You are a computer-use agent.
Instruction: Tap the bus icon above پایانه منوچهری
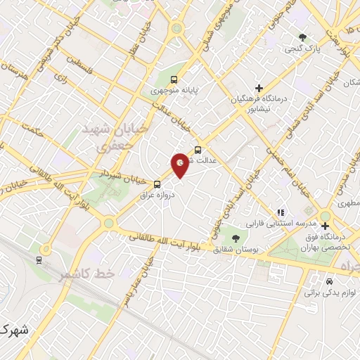point(174,79)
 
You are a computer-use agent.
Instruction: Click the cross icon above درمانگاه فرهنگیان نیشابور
point(259,89)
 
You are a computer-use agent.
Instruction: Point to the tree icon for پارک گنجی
point(302,37)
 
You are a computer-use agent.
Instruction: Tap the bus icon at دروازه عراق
point(156,185)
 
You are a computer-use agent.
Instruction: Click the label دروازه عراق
point(155,195)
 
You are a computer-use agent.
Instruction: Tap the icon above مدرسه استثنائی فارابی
point(281,212)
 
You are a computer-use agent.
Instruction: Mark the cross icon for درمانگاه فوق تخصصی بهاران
point(324,225)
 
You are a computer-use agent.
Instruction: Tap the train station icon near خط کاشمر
point(38,258)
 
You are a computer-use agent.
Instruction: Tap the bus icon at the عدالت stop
point(198,150)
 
